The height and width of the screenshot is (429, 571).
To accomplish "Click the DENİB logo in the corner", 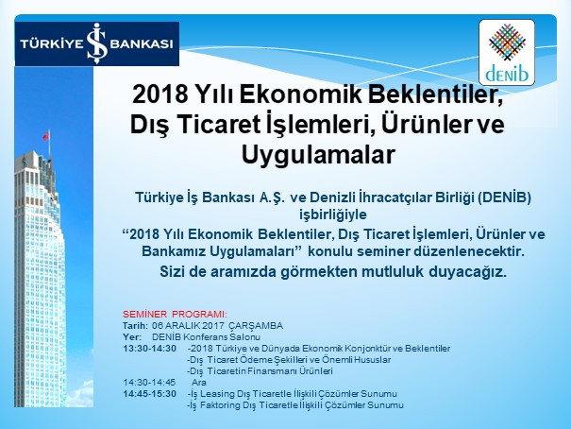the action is point(507,53).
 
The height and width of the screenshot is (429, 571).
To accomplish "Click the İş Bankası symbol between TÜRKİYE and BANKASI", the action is point(97,43).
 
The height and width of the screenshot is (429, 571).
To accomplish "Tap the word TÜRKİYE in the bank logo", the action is point(52,43).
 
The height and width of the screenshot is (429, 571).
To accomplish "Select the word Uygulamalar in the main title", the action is point(318,154).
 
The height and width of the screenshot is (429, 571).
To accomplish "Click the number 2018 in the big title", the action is point(160,94).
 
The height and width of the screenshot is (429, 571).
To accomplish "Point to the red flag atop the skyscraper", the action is point(46,135).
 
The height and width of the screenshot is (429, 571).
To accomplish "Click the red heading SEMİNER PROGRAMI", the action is point(175,314).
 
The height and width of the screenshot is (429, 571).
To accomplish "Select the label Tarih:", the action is point(135,325).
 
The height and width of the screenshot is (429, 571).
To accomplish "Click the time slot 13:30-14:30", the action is point(149,349).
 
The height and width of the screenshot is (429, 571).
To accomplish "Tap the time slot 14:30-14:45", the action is point(149,383).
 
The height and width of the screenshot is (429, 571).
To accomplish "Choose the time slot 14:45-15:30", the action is point(149,394).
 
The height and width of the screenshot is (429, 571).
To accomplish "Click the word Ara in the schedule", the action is point(199,383).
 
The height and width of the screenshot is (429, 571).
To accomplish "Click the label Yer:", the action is point(131,337).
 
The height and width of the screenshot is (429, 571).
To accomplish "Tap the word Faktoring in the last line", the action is point(218,405).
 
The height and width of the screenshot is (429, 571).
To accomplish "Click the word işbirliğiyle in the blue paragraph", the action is point(333,214).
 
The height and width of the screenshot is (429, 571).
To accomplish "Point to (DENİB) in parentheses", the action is point(505,197).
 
